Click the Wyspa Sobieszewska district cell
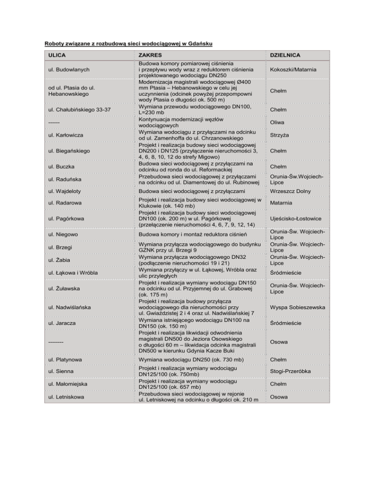coord(297,307)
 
